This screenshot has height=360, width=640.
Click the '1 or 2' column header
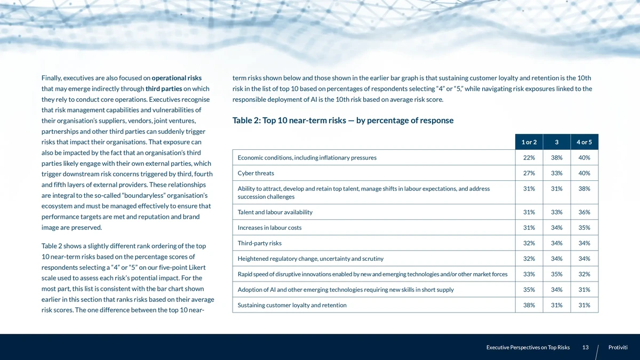[529, 142]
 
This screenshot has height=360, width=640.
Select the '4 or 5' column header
[584, 142]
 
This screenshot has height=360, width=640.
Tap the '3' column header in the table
[556, 142]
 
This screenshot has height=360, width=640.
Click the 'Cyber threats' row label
[256, 173]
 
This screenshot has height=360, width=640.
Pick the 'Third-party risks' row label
[260, 243]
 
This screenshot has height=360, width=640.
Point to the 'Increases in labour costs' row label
[269, 228]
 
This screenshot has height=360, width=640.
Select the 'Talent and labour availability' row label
[275, 212]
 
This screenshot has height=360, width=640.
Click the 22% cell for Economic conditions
[529, 158]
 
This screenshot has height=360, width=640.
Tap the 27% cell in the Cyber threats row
[529, 173]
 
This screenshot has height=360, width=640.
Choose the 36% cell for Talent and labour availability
[584, 212]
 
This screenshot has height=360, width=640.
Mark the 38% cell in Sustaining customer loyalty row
[529, 305]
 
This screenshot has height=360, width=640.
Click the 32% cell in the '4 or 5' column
[584, 274]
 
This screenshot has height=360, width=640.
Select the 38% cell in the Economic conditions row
[556, 158]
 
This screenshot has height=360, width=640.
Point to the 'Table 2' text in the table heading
[246, 121]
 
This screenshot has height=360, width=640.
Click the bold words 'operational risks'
[177, 78]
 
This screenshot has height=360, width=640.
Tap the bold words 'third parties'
[164, 89]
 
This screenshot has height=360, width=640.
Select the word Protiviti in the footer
[618, 348]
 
